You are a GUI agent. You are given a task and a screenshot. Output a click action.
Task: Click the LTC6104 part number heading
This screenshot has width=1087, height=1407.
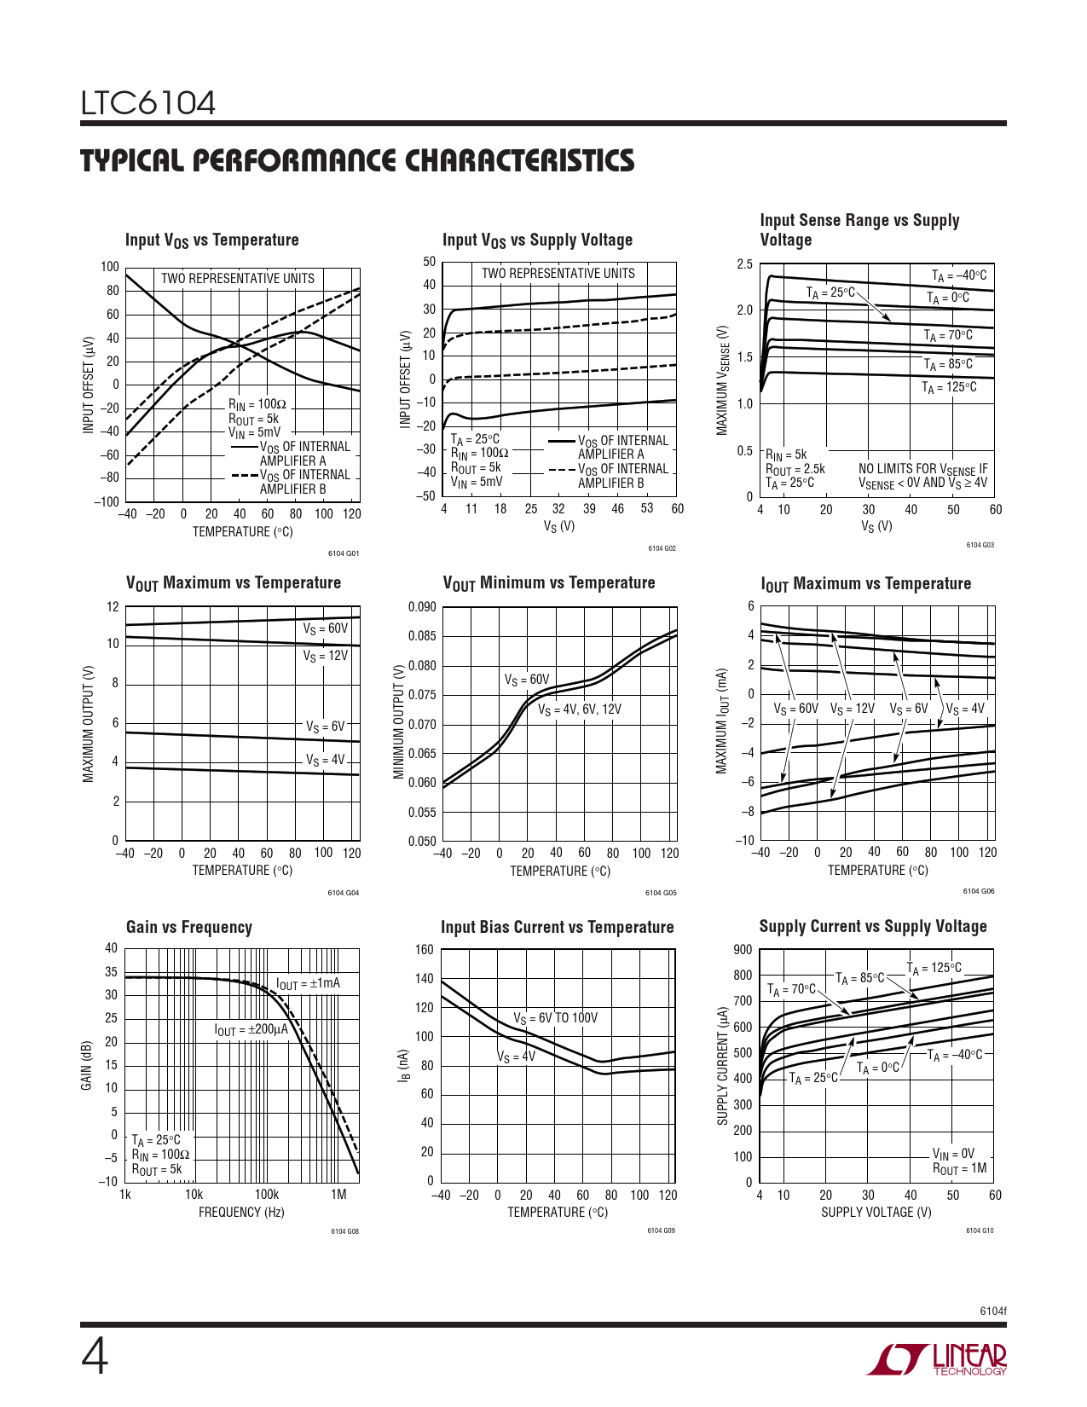[148, 103]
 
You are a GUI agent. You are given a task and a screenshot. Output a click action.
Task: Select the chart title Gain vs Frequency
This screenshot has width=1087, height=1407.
[189, 927]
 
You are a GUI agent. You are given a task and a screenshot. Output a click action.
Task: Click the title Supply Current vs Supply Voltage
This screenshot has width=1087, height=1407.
[873, 926]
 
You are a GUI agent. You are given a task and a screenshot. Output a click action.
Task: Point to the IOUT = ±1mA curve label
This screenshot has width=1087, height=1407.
[308, 983]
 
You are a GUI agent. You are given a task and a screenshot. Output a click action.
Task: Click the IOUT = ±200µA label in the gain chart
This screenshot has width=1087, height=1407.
[252, 1029]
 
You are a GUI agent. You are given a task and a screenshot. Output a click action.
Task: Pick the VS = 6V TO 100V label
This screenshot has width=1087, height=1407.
[555, 1018]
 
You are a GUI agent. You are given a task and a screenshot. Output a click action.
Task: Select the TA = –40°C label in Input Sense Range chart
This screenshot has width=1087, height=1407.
[959, 275]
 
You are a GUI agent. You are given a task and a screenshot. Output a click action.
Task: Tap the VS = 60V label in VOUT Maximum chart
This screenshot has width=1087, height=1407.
[326, 628]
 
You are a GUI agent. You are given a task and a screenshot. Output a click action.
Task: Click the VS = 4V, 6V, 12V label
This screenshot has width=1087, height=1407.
[580, 709]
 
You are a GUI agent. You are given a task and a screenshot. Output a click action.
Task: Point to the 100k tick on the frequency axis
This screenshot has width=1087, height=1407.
[266, 1194]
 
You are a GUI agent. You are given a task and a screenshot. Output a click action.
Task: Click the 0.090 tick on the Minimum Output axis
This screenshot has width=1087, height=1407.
[422, 607]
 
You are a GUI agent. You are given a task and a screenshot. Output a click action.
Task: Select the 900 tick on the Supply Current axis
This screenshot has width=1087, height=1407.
[743, 950]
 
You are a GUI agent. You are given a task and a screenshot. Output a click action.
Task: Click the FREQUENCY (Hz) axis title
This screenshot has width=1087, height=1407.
[241, 1212]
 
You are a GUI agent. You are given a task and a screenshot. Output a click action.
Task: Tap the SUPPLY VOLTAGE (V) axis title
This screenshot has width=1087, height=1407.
[876, 1212]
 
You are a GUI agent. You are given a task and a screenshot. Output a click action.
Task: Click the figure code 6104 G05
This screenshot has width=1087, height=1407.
[661, 893]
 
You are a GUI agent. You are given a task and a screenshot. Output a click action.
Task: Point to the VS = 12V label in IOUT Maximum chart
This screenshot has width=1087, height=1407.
[853, 709]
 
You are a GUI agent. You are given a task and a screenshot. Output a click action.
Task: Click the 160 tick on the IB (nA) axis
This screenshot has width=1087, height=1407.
[425, 950]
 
